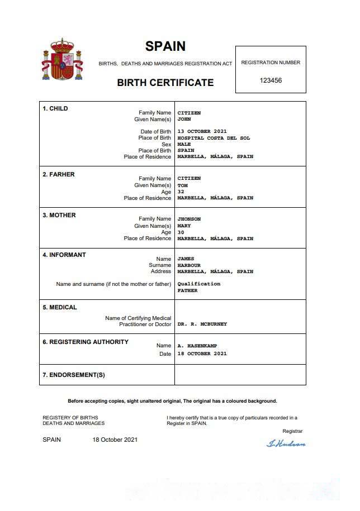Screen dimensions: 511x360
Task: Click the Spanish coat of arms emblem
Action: click(62, 59)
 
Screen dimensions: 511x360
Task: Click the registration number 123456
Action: click(271, 80)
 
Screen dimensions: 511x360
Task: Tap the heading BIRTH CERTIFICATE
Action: click(165, 83)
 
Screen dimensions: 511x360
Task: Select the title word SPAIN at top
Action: click(165, 46)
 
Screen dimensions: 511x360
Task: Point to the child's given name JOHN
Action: click(184, 119)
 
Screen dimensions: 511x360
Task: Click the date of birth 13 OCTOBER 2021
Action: click(202, 132)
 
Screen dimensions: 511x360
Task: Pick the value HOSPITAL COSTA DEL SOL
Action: click(214, 138)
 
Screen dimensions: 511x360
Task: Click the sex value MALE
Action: click(184, 144)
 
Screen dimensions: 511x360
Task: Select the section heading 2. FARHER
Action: click(59, 174)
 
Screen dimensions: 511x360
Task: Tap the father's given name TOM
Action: click(182, 185)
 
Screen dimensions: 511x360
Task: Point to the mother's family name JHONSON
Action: click(189, 219)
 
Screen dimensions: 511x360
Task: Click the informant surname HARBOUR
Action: click(189, 265)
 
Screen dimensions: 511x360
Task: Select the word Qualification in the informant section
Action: click(199, 284)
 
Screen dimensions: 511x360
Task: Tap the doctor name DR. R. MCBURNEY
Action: click(202, 324)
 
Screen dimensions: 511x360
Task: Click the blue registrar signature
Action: click(286, 443)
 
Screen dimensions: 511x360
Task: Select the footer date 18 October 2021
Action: click(115, 440)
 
